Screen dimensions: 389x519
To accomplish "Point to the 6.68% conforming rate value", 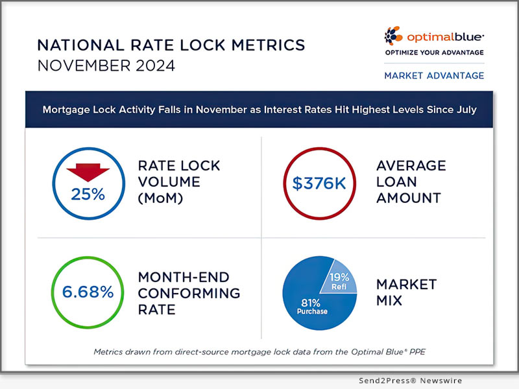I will pyautogui.click(x=88, y=292).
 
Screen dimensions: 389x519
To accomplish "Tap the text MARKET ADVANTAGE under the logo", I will pyautogui.click(x=434, y=75).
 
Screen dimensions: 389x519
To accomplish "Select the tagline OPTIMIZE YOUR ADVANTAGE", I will pyautogui.click(x=434, y=52).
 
